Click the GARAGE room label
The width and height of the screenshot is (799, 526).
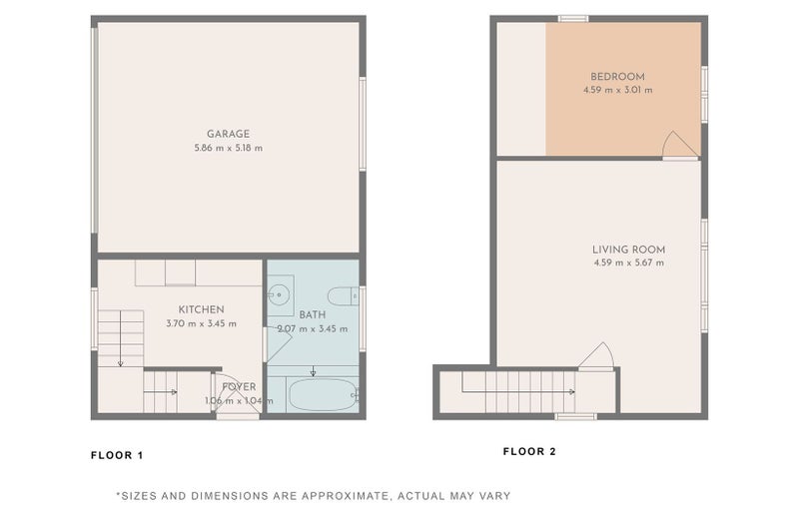[x=228, y=134]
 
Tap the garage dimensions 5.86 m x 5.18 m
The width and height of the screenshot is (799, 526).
[x=229, y=148]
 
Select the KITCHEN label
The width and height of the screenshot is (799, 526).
[x=202, y=309]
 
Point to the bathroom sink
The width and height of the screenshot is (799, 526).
[x=279, y=293]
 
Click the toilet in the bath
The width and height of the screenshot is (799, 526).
[x=343, y=296]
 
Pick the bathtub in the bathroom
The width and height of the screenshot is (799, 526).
[x=323, y=395]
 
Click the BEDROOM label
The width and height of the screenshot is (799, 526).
[x=617, y=77]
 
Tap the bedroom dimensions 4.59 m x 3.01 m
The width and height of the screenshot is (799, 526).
[x=617, y=90]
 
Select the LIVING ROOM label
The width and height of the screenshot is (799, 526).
[x=629, y=250]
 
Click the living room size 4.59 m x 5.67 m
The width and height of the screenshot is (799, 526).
[x=629, y=263]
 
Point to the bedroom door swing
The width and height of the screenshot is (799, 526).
[x=680, y=145]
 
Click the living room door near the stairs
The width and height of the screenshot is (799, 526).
[x=596, y=356]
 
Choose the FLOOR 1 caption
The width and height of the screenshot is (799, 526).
[x=117, y=455]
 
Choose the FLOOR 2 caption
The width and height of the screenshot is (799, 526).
[x=529, y=451]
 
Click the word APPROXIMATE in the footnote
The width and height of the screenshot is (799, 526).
[x=344, y=495]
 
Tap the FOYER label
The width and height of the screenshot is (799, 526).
[x=239, y=387]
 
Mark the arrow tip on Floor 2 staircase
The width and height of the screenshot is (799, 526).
[x=574, y=392]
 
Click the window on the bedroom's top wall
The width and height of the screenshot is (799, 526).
[x=573, y=19]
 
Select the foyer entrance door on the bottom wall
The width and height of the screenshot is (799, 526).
[x=238, y=416]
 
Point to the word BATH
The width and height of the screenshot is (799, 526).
[x=313, y=314]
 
